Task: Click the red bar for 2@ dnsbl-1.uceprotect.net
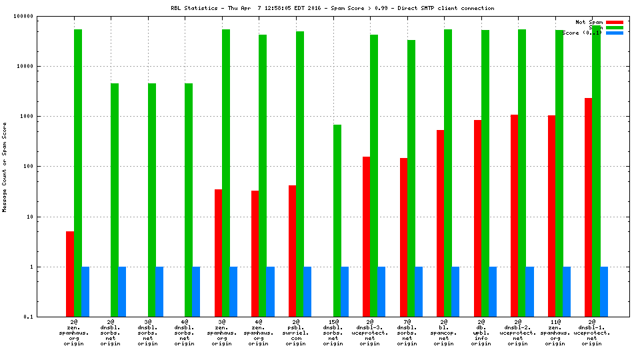click(x=589, y=207)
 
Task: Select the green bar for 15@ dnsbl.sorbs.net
click(x=337, y=221)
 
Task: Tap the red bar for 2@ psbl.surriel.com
click(x=293, y=251)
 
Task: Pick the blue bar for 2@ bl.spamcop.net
click(x=455, y=291)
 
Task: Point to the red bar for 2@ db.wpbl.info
click(x=477, y=218)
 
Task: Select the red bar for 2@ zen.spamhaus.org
click(x=70, y=274)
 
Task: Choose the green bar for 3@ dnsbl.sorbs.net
click(x=152, y=200)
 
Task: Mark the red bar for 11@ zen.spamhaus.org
click(x=551, y=216)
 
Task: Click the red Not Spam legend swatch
click(x=615, y=22)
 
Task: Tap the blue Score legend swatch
click(x=615, y=33)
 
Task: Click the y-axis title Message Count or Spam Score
click(x=5, y=167)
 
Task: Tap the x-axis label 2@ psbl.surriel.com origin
click(x=296, y=332)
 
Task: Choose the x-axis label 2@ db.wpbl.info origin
click(x=481, y=332)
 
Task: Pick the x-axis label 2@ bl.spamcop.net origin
click(x=444, y=332)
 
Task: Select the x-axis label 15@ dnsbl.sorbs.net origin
click(x=333, y=332)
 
